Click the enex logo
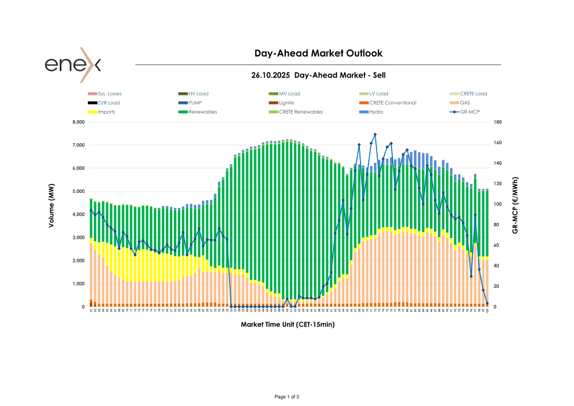pyautogui.click(x=73, y=64)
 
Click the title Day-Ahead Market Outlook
pyautogui.click(x=318, y=53)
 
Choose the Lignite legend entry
pyautogui.click(x=286, y=103)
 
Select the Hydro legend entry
pyautogui.click(x=376, y=112)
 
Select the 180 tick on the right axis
pyautogui.click(x=497, y=122)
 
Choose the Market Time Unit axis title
pyautogui.click(x=288, y=324)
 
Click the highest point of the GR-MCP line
pyautogui.click(x=375, y=134)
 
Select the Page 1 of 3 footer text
pyautogui.click(x=287, y=397)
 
